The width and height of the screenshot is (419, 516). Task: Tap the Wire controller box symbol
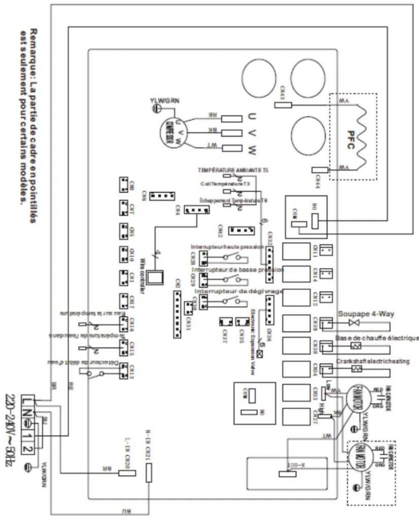pos(155,278)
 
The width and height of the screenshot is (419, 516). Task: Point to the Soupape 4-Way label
pos(366,314)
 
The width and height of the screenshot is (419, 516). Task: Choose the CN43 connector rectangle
pos(283,105)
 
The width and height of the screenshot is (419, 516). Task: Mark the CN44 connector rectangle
pos(320,170)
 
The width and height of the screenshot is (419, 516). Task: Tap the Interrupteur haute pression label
pos(227,247)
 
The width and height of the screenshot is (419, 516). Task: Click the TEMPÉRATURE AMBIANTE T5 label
pos(232,170)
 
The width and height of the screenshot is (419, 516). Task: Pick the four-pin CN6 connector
pos(162,196)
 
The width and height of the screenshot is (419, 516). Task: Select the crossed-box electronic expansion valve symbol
pos(261,354)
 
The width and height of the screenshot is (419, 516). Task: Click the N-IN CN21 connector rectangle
pos(149,472)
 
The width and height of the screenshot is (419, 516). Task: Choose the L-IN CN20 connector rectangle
pos(127,473)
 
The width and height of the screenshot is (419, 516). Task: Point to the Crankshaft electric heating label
pos(373,361)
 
